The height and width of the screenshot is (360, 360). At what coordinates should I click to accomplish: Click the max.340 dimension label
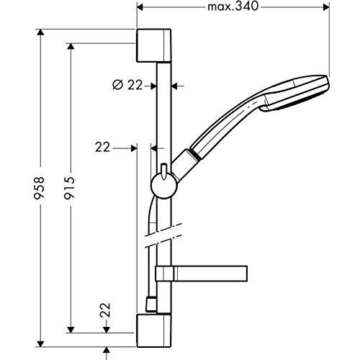[233, 7]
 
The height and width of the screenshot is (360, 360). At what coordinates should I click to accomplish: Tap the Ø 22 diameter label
[127, 85]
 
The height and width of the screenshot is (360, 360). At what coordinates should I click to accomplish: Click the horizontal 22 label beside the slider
[102, 147]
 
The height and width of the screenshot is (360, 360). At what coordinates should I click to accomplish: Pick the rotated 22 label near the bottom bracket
[106, 310]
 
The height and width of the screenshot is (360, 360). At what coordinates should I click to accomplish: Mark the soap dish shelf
[202, 274]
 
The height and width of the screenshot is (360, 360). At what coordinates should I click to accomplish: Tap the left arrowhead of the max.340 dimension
[140, 7]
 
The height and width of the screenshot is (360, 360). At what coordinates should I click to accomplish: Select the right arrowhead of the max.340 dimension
[327, 7]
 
